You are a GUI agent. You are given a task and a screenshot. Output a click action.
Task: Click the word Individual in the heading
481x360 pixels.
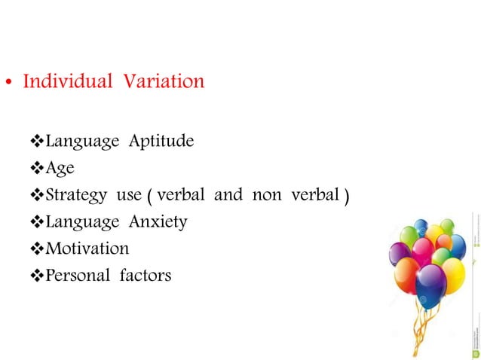pyautogui.click(x=66, y=81)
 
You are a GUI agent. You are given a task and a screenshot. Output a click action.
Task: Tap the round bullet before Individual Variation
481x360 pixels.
pyautogui.click(x=11, y=83)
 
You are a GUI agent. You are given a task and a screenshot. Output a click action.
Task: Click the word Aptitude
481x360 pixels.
pyautogui.click(x=161, y=141)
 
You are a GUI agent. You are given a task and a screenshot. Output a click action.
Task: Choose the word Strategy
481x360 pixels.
pyautogui.click(x=76, y=196)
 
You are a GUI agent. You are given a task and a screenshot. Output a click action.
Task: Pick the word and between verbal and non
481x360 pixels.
pyautogui.click(x=228, y=195)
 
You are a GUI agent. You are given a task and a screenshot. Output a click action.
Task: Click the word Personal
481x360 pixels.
pyautogui.click(x=78, y=275)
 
